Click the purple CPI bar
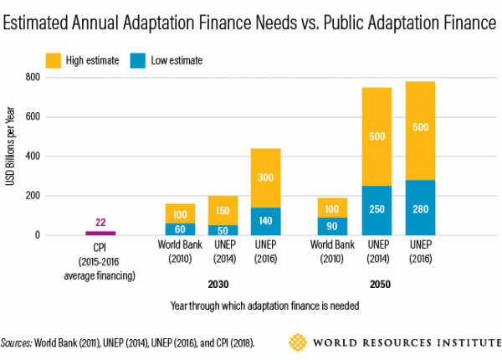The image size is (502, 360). [101, 233]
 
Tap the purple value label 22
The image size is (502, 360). [101, 222]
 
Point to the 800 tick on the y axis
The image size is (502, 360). [31, 77]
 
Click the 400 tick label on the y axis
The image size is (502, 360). [31, 157]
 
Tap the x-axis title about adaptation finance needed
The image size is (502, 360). [251, 306]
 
